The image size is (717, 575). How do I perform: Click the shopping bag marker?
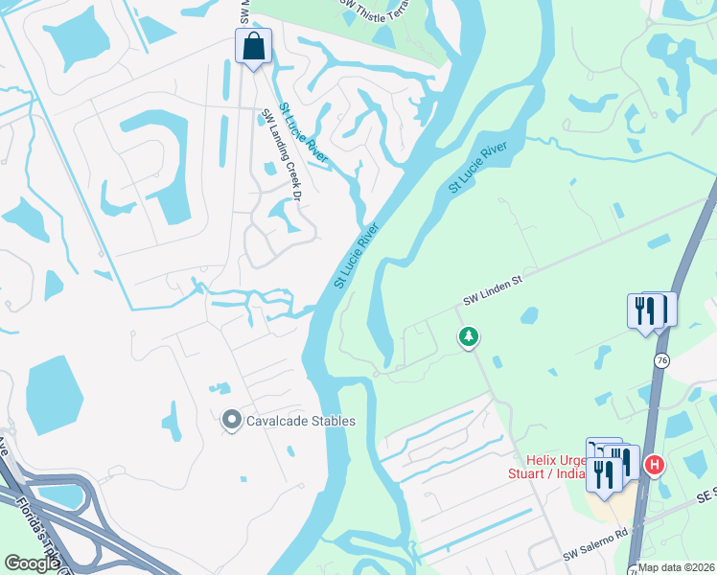(x=253, y=45)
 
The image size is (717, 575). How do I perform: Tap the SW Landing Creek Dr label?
(x=282, y=155)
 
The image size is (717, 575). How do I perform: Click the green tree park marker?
(x=469, y=337)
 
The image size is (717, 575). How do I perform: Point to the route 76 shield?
(x=661, y=359)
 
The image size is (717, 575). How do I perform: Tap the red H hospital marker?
(x=655, y=466)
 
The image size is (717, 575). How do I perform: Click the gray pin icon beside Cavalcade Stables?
(x=231, y=421)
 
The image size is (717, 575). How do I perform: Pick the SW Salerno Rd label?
(x=594, y=554)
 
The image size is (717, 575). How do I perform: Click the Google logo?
(x=32, y=563)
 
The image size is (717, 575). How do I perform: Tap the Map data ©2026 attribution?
(x=677, y=567)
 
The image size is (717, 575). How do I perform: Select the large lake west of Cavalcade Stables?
(x=55, y=394)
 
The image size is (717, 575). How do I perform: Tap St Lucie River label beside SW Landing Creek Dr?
(x=304, y=132)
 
